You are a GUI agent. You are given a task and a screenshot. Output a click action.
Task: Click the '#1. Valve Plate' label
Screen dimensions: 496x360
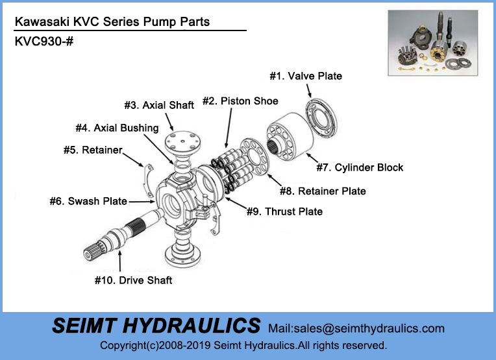[x=306, y=76]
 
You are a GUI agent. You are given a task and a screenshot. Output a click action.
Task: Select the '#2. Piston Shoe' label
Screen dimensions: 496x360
[x=240, y=101]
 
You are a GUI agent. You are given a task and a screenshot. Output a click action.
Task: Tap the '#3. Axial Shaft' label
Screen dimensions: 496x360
[x=159, y=105]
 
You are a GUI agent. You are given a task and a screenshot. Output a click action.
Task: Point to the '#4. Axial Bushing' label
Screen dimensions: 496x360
[x=117, y=128]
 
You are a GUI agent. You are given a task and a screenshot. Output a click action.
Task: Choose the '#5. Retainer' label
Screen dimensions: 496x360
[x=93, y=150]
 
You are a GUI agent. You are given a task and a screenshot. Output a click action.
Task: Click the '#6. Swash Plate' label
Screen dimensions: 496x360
[x=88, y=201]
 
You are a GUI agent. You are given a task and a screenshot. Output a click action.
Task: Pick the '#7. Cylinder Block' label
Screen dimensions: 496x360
[x=360, y=167]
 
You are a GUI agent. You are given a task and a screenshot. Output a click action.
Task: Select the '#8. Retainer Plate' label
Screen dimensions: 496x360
[x=323, y=191]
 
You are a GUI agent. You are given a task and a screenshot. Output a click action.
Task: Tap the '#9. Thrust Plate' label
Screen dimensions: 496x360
[x=285, y=211]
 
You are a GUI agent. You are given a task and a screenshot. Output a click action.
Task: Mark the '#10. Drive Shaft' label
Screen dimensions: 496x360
[x=134, y=280]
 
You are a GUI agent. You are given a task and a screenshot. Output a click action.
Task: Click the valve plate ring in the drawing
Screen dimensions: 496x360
[x=321, y=118]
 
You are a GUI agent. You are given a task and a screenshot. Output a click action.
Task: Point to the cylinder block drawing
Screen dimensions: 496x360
[x=290, y=137]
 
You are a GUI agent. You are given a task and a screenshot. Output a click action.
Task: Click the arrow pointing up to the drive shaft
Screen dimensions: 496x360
[x=120, y=261]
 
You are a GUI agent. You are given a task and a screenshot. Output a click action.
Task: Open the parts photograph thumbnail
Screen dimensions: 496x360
[x=433, y=43]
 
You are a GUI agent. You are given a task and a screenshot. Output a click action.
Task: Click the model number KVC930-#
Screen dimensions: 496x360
[x=44, y=42]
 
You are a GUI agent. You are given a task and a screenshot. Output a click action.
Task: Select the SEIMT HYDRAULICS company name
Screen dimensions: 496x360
[x=156, y=326]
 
